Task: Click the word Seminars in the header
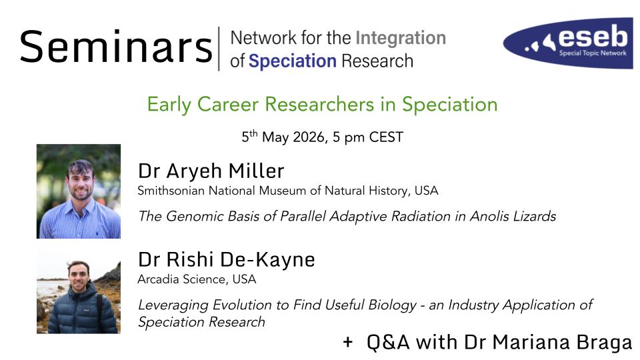point(116,47)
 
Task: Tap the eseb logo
point(568,43)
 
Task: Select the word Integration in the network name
point(401,38)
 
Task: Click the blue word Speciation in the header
point(293,61)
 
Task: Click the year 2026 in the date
point(309,137)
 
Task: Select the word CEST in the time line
point(386,137)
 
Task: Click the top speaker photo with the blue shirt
point(79,191)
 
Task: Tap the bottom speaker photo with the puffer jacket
point(79,289)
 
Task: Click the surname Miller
point(256,171)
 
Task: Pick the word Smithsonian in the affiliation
point(171,191)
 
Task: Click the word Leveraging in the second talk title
point(173,305)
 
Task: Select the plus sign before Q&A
point(348,341)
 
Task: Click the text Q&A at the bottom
point(388,342)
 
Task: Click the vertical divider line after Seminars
point(219,49)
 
